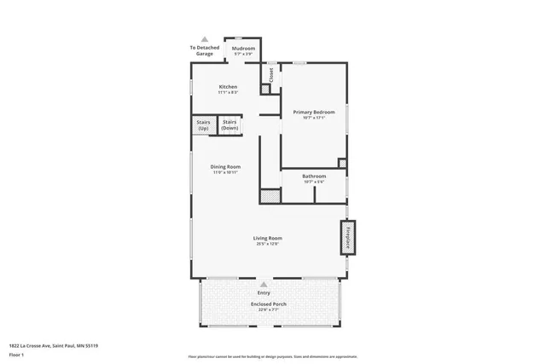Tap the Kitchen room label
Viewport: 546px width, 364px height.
click(228, 87)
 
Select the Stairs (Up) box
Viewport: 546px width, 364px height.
click(203, 124)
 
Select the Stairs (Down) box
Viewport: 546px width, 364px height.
click(229, 124)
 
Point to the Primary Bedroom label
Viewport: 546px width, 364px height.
click(314, 113)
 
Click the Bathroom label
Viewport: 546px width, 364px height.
click(314, 176)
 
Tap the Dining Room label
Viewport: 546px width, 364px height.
click(226, 166)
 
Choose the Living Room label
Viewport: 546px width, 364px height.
click(267, 238)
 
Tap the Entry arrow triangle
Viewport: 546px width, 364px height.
click(264, 285)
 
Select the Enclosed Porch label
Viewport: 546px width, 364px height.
click(268, 304)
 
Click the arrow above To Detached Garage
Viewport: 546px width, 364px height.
click(204, 39)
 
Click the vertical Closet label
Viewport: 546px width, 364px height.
click(271, 75)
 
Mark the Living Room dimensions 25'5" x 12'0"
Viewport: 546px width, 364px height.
click(267, 245)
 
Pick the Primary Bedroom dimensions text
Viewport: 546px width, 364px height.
click(314, 118)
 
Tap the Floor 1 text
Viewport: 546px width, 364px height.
click(16, 354)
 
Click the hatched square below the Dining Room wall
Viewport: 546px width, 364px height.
click(270, 196)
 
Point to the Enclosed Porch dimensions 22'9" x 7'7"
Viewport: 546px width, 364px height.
click(268, 310)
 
